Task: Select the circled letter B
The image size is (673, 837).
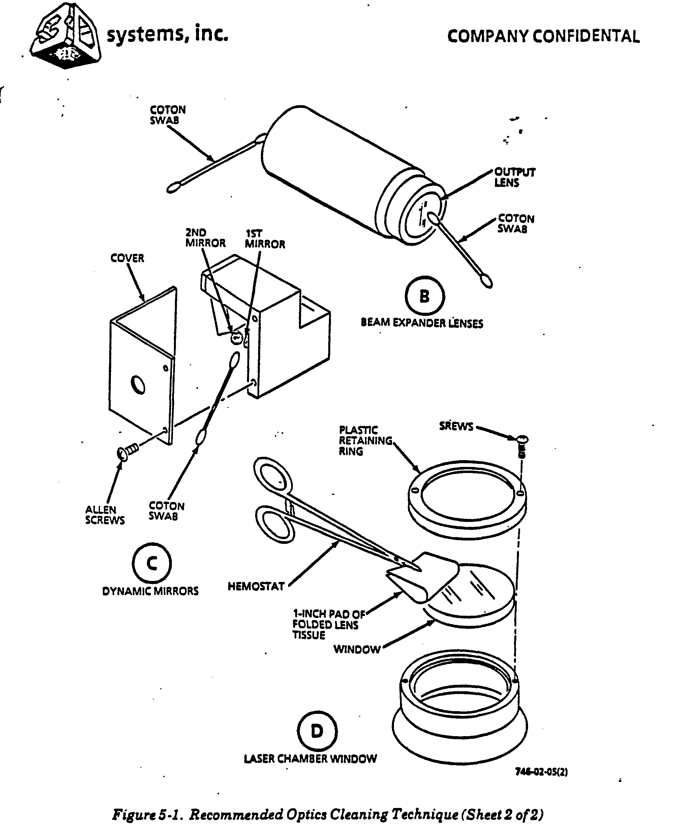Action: coord(424,296)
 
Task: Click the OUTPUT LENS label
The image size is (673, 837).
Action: coord(514,177)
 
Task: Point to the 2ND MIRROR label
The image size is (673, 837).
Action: coord(205,238)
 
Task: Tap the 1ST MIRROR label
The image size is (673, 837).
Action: coord(265,239)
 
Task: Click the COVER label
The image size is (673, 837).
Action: coord(127,258)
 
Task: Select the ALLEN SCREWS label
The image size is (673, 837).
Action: coord(105,515)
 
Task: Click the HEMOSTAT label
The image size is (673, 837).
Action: coord(256,586)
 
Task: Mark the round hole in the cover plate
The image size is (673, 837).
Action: coord(138,384)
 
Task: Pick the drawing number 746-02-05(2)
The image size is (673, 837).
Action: coord(541,772)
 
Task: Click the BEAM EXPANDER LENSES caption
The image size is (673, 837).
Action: coord(422,323)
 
